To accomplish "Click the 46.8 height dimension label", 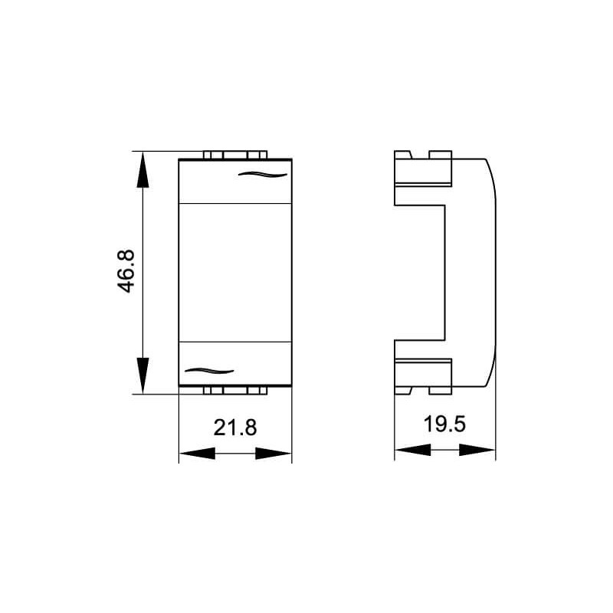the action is [x=126, y=271].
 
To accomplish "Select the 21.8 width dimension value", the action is [x=235, y=428].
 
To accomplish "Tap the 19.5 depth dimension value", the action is [x=444, y=425].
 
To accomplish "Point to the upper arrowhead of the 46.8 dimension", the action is [x=143, y=169].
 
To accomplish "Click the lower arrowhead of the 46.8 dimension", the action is [x=143, y=375].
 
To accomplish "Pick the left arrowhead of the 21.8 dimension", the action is [x=197, y=454].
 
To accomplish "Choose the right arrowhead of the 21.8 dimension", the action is [x=274, y=454].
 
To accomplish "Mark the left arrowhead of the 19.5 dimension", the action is [x=413, y=450].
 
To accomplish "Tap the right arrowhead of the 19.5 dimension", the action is [x=477, y=450].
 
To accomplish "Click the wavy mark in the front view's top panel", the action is [x=263, y=175].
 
